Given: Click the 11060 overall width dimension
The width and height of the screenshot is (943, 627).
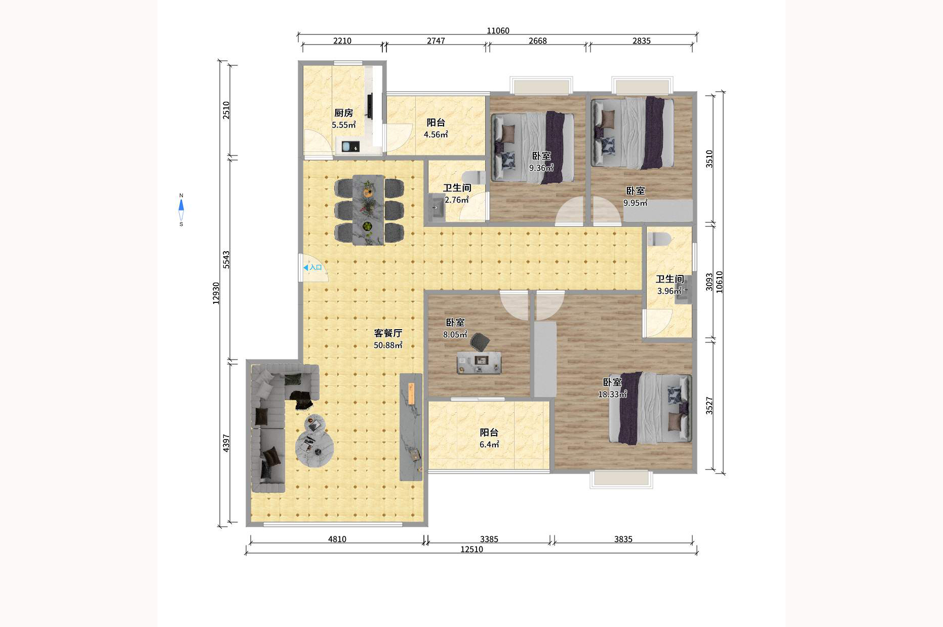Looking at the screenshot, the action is click(x=498, y=31).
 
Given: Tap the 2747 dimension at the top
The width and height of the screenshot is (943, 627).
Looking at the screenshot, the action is click(x=436, y=41).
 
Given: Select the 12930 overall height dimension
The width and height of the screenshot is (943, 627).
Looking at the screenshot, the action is click(x=216, y=293).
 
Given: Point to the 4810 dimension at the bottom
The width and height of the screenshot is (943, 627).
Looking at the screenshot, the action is click(x=337, y=539).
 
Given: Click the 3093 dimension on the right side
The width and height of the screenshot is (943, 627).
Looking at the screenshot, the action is click(x=710, y=282).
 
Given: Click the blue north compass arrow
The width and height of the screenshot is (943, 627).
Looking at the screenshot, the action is click(x=181, y=206).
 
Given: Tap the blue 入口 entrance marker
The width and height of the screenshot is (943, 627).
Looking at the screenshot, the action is click(x=312, y=267).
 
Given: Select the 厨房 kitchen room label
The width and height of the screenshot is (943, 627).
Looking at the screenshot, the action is click(x=343, y=113).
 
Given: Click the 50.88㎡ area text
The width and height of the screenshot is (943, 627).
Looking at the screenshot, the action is click(x=388, y=345).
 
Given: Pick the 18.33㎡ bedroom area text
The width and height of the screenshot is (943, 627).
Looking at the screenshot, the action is click(x=612, y=394).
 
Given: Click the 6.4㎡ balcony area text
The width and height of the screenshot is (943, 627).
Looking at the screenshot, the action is click(x=489, y=445).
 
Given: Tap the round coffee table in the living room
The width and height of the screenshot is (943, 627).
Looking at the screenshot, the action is click(x=314, y=447).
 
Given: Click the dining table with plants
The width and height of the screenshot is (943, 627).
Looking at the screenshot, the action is click(x=368, y=210).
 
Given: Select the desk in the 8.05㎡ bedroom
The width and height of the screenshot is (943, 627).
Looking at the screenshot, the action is click(x=479, y=363).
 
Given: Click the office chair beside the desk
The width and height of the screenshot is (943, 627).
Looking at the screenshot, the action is click(x=480, y=342).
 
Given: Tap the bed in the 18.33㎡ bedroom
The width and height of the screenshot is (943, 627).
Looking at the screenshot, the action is click(x=650, y=408).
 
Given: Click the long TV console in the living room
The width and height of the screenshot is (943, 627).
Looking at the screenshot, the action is click(x=411, y=427).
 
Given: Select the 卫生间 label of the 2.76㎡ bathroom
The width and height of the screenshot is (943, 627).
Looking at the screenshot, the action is click(x=457, y=188).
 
